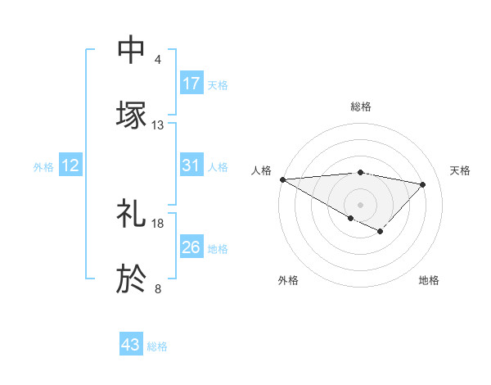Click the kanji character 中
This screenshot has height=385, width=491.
pos(132,50)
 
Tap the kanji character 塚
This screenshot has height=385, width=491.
pos(132,115)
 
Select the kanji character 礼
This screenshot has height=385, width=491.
pos(132,215)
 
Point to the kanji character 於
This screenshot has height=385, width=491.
pos(132,279)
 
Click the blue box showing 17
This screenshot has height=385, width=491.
pos(191,84)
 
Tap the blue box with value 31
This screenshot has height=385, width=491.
pos(191,166)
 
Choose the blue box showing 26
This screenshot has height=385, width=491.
pos(191,248)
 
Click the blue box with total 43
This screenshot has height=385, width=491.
pos(131,345)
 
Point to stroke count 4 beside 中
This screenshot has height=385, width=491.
pos(158,60)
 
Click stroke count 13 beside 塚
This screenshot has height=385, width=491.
pos(158,125)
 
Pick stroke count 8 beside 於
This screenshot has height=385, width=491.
pos(158,289)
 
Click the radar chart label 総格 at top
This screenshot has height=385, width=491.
pos(361,106)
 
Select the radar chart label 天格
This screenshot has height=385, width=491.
pos(461,170)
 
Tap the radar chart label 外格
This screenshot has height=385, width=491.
pos(288,280)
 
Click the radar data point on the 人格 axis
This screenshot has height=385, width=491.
pos(282,179)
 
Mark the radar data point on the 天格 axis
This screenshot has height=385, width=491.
pos(423,184)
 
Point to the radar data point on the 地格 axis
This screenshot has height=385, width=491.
pos(380,232)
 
